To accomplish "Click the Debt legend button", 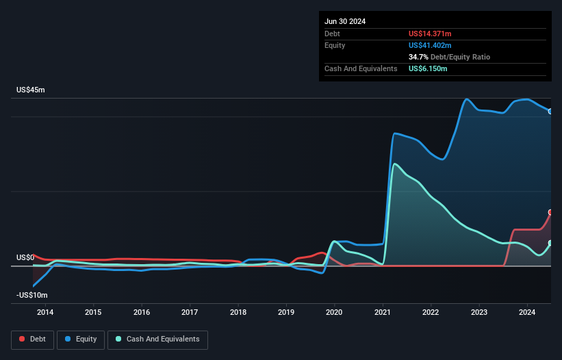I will (31, 339).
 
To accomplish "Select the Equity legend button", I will (80, 339).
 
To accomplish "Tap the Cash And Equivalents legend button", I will (157, 339).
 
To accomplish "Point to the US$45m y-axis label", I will (31, 90).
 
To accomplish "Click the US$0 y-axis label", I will (26, 257).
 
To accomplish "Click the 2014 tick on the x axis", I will (45, 313).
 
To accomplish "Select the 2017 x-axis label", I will (190, 313).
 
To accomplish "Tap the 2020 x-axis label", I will (335, 313).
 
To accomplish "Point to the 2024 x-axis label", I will (528, 313).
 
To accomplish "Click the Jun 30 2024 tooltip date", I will (345, 21).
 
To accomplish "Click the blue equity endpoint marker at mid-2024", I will (550, 111).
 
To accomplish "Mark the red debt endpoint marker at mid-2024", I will (550, 212).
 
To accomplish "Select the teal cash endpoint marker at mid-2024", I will (550, 243).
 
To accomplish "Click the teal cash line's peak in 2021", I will (394, 164).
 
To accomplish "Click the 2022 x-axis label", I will (431, 313).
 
